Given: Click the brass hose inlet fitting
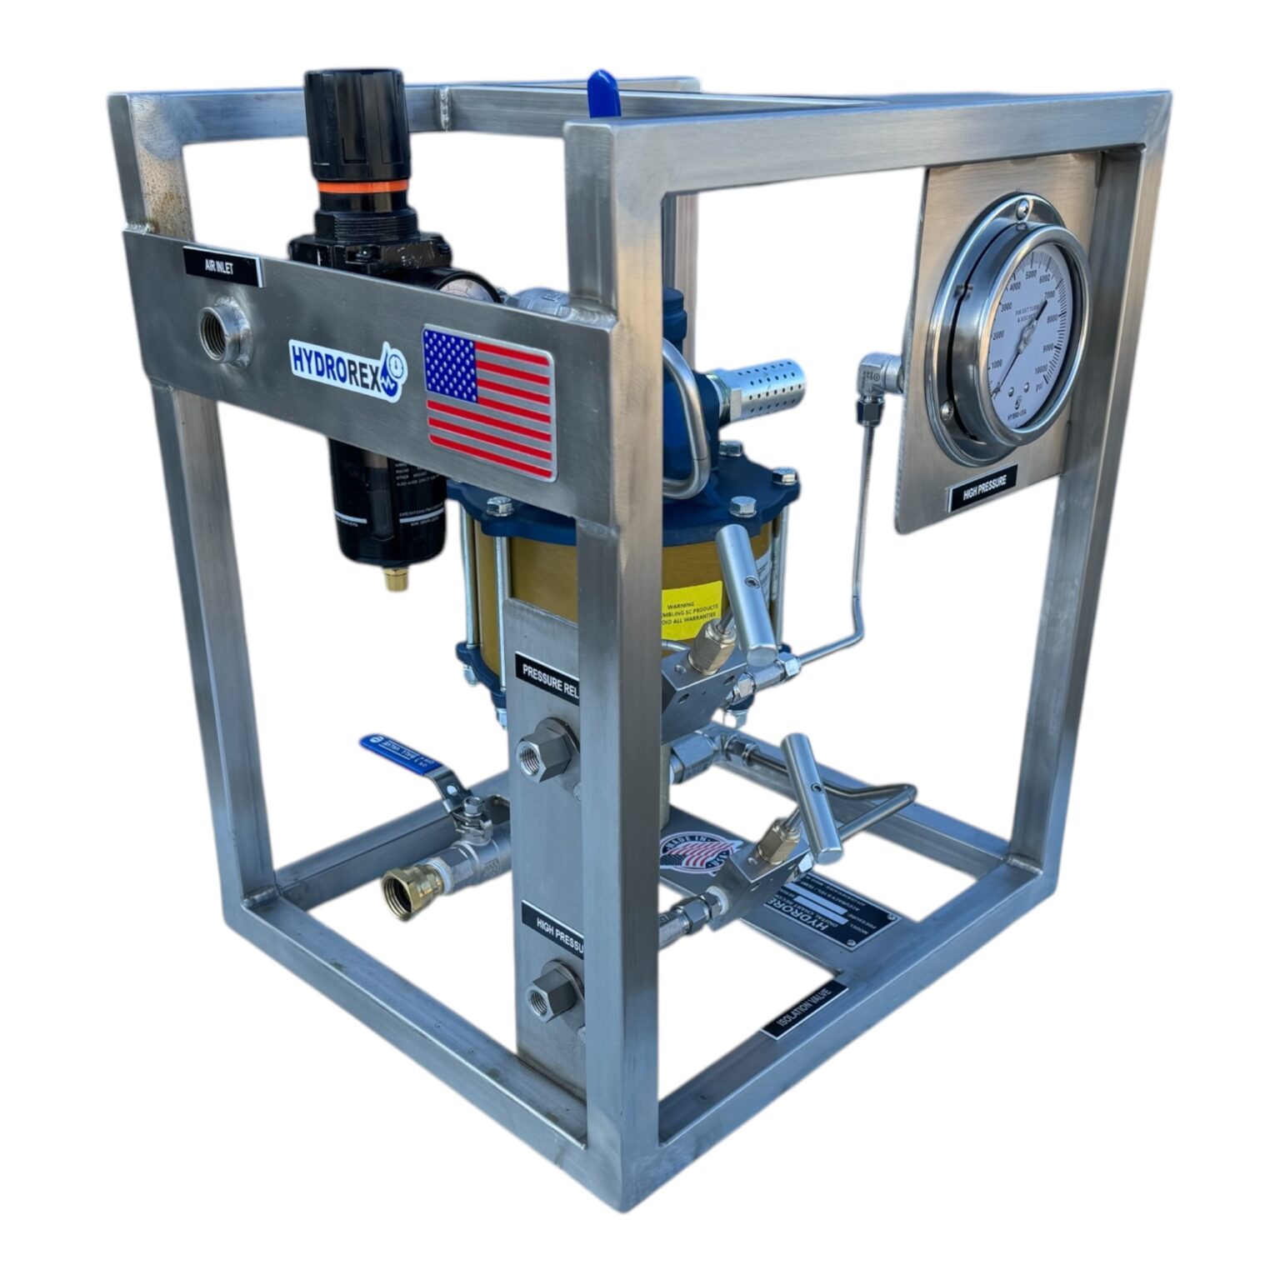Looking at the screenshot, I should [x=402, y=891].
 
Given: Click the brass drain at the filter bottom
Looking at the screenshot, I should [x=397, y=577].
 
